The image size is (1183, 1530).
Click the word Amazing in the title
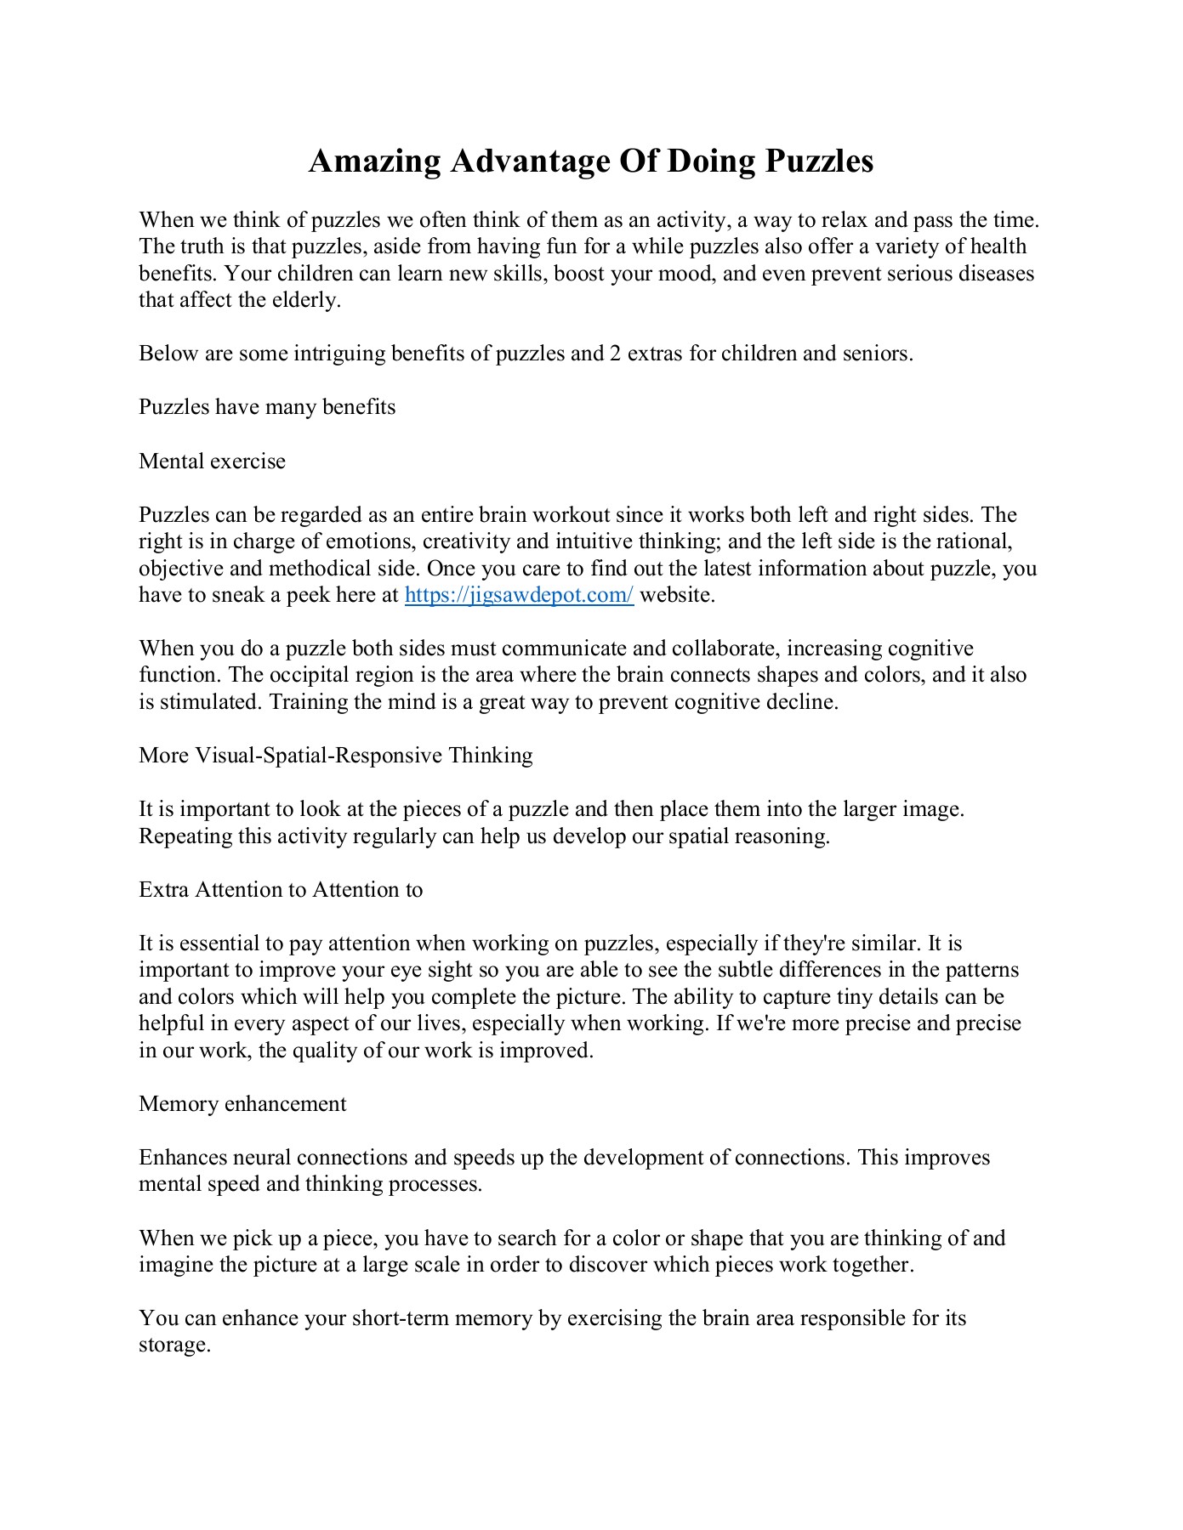tap(374, 161)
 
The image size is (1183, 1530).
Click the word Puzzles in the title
tap(819, 161)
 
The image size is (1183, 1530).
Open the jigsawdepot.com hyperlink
tap(519, 595)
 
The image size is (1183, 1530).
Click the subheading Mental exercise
tap(212, 462)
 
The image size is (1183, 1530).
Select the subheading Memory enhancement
tap(242, 1104)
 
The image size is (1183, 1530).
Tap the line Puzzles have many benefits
tap(267, 407)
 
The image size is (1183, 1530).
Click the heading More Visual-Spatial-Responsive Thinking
tap(335, 756)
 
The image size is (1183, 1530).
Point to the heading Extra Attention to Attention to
tap(281, 890)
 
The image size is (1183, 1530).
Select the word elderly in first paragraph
tap(304, 300)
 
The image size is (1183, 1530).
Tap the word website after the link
tap(676, 595)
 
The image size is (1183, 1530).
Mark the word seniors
tap(877, 354)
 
